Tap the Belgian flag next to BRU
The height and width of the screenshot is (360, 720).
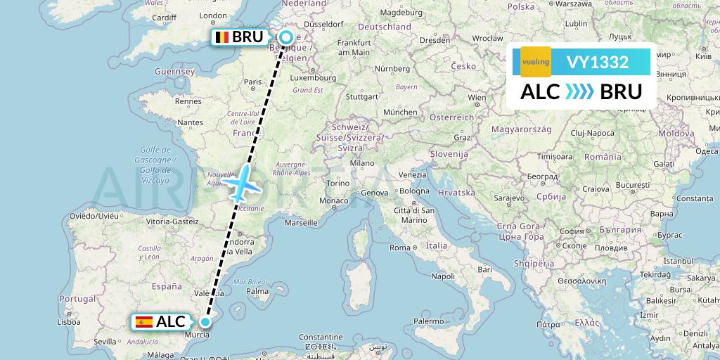pos(221,37)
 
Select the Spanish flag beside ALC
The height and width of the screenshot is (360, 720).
pos(144,322)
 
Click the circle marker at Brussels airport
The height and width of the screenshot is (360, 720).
pos(286,37)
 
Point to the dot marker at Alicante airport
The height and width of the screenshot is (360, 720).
pos(205,322)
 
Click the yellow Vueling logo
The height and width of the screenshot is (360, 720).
pos(536,62)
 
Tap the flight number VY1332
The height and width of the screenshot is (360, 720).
pos(597,63)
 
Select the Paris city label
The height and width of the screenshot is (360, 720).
pos(252,82)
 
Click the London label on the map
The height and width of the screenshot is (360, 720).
pos(214,15)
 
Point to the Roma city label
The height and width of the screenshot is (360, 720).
pos(400,247)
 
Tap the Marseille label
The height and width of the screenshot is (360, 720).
pos(301,223)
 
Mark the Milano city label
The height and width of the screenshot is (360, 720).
pos(363,162)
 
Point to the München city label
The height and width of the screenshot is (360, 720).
pos(400,112)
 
